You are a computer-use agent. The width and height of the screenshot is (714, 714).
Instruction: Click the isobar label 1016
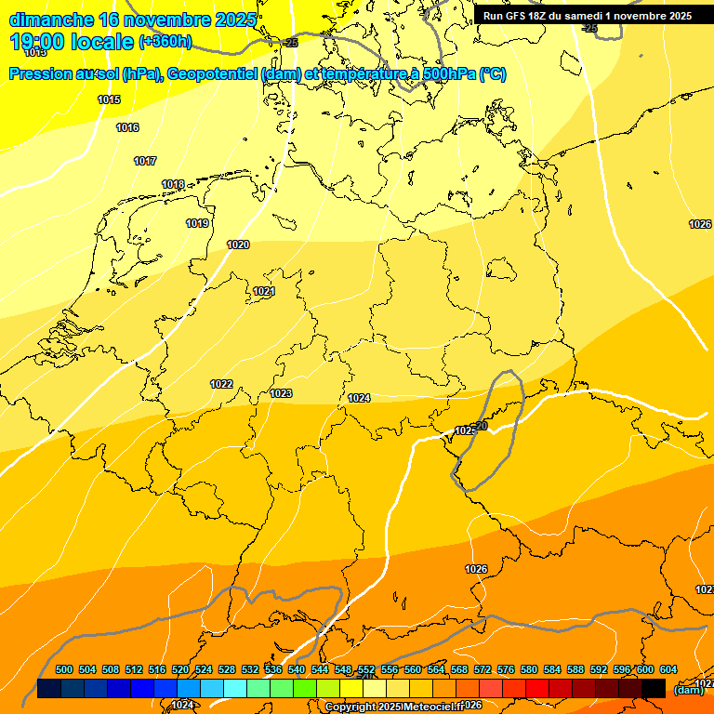pyautogui.click(x=127, y=127)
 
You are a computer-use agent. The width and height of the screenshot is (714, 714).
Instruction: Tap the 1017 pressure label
pyautogui.click(x=145, y=161)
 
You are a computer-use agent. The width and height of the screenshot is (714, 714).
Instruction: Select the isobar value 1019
pyautogui.click(x=197, y=223)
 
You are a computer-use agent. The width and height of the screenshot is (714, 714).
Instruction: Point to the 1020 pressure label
pyautogui.click(x=238, y=245)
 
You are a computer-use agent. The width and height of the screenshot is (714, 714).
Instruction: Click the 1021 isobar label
pyautogui.click(x=264, y=291)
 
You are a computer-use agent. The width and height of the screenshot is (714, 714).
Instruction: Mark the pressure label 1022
pyautogui.click(x=221, y=384)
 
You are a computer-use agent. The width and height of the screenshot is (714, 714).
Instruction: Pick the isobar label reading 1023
pyautogui.click(x=281, y=393)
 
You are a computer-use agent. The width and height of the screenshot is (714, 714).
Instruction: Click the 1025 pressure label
pyautogui.click(x=464, y=430)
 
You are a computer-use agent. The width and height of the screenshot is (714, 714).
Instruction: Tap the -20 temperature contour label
pyautogui.click(x=480, y=426)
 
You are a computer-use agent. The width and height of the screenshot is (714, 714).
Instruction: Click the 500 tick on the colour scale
pyautogui.click(x=64, y=669)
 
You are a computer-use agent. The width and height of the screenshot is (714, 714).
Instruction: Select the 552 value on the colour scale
pyautogui.click(x=366, y=669)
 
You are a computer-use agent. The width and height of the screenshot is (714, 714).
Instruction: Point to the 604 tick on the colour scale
pyautogui.click(x=668, y=669)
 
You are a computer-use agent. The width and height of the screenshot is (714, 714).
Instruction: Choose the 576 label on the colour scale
pyautogui.click(x=506, y=669)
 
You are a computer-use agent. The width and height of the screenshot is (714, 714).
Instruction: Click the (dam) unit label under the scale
pyautogui.click(x=688, y=690)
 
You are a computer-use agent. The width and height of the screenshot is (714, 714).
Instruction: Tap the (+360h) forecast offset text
pyautogui.click(x=165, y=42)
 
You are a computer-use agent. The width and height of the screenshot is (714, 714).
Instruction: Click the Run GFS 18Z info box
pyautogui.click(x=587, y=16)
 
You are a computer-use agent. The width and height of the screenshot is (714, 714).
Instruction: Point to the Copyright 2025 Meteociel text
pyautogui.click(x=390, y=707)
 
